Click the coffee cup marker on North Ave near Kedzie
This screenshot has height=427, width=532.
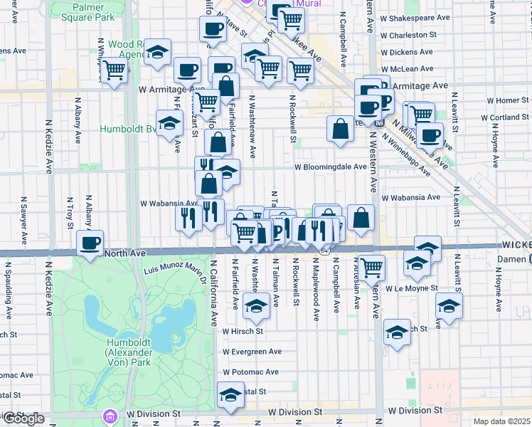pos(90,244)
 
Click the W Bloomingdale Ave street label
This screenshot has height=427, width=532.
pos(330,167)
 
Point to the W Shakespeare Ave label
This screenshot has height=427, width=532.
pos(416,16)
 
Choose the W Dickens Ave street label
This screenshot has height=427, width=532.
pos(407,52)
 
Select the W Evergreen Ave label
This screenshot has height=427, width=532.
pos(252,352)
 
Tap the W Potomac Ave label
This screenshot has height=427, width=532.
pos(250,372)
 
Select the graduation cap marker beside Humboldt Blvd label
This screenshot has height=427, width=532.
pos(169,123)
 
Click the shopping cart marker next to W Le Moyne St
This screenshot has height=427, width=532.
pos(371,268)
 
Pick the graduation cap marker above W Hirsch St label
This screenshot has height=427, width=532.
pos(256,306)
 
